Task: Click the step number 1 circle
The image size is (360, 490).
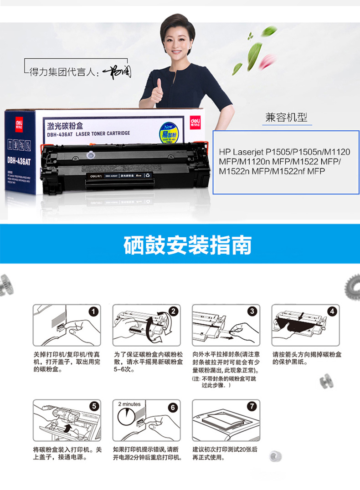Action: click(93, 311)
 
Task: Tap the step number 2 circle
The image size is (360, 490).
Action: click(173, 311)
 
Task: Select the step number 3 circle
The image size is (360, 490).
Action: click(252, 311)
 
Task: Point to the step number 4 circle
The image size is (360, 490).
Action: click(333, 311)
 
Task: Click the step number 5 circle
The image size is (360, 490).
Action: click(93, 407)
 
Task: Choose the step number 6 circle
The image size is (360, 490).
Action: click(173, 407)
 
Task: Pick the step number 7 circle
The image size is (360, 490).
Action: click(252, 407)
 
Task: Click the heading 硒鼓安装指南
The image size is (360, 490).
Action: click(187, 245)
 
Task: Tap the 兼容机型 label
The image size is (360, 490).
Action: click(286, 117)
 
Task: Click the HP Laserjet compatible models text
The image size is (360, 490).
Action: click(284, 161)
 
